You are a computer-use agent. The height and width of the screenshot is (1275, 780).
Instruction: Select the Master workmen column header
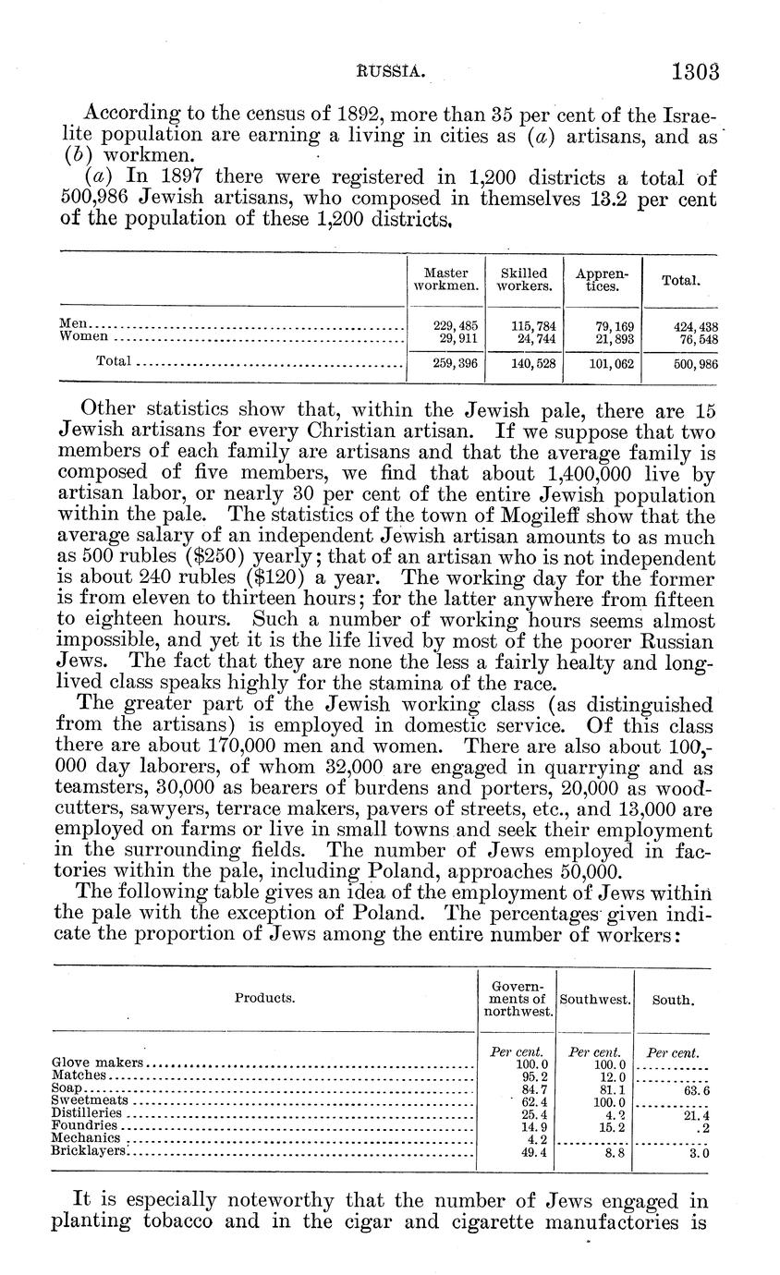445,279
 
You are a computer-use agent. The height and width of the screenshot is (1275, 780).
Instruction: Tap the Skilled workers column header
524,279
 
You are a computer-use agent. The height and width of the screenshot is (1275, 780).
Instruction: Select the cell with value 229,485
456,326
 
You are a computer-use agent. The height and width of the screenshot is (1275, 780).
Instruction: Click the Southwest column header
595,1000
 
